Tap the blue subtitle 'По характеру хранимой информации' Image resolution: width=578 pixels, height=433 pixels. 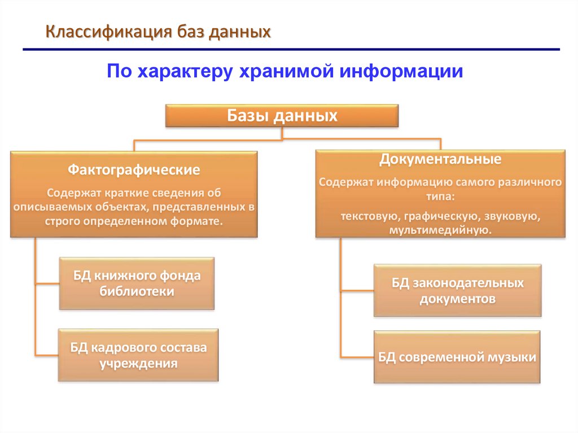coord(285,72)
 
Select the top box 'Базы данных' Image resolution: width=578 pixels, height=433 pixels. coord(282,116)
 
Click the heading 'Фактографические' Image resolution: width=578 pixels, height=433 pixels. coord(134,169)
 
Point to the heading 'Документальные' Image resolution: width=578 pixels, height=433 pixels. coord(440,159)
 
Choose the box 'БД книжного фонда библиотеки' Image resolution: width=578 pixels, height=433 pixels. coord(137,283)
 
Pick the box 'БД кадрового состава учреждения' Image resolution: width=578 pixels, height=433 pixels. coord(138,355)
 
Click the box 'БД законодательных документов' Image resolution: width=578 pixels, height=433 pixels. coord(457,290)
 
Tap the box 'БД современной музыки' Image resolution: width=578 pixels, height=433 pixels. coord(457,357)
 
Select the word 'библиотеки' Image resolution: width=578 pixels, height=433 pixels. coord(137,291)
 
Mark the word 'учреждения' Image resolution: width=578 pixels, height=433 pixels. coord(138,363)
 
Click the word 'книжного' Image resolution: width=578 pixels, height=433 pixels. coord(125,276)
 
